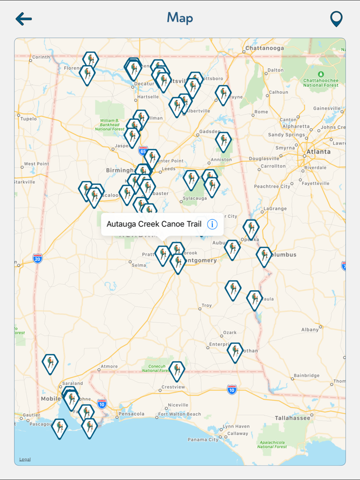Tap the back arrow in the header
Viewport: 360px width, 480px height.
(24, 19)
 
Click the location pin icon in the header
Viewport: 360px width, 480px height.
(336, 19)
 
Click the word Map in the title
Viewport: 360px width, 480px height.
(180, 18)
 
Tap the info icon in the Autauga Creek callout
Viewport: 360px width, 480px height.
(212, 224)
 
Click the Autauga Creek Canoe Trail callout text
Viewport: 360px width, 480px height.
(154, 224)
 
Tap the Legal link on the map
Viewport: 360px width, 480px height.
(25, 459)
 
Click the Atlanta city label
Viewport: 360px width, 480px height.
(319, 152)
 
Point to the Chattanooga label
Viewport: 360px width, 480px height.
(264, 48)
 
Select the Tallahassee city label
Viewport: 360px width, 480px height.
(292, 418)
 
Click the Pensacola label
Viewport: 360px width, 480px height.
(132, 413)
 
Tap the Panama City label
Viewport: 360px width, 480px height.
(203, 439)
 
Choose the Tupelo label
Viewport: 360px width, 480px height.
(28, 119)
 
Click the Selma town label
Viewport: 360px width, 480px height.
(139, 265)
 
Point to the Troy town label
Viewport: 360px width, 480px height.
(206, 305)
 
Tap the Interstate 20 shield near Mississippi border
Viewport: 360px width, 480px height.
(37, 258)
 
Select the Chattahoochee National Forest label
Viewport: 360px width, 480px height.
(321, 82)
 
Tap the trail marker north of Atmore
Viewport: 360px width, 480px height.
(50, 363)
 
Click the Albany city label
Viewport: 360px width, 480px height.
(310, 329)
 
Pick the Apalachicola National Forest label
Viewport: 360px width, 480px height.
(272, 444)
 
